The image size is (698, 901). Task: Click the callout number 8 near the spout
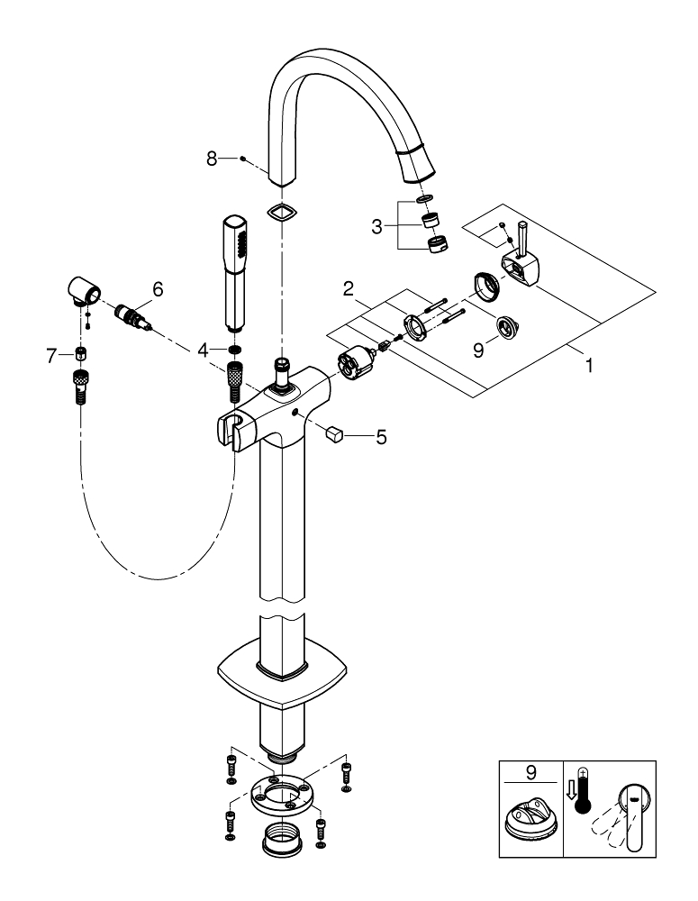pyautogui.click(x=212, y=159)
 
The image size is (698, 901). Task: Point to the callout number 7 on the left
pyautogui.click(x=51, y=358)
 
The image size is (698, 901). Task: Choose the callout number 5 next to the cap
pyautogui.click(x=381, y=438)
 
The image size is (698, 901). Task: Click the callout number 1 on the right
pyautogui.click(x=591, y=368)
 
